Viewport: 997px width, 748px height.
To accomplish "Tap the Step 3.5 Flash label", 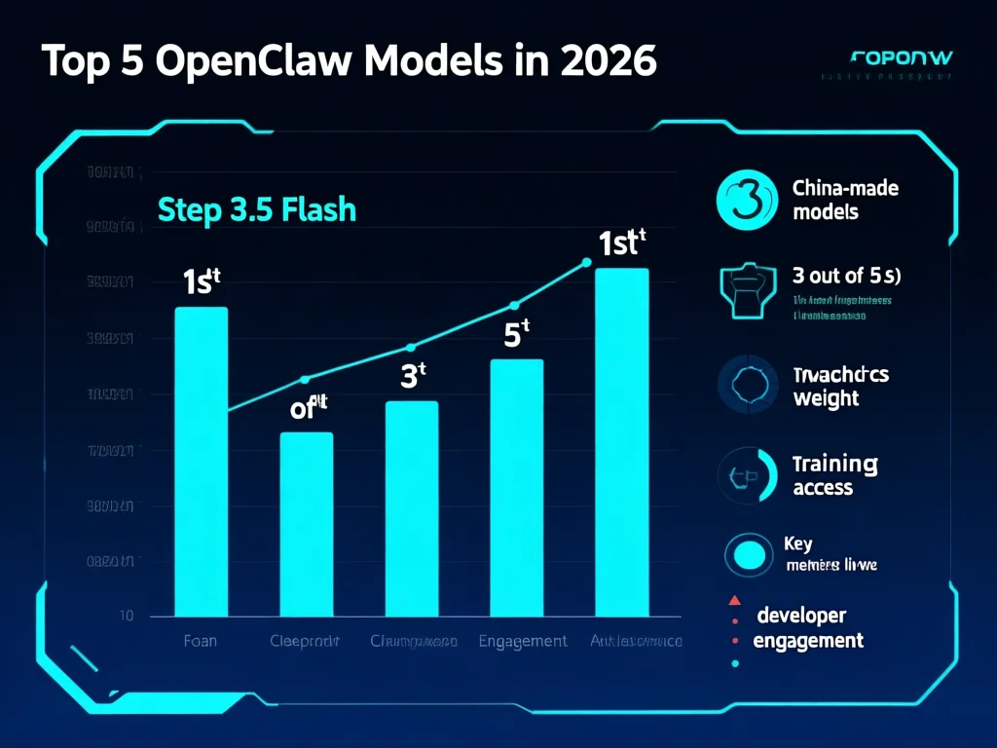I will pos(256,209).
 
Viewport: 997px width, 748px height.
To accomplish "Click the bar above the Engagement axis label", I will pos(516,487).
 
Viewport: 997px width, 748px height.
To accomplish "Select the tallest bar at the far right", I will pos(621,442).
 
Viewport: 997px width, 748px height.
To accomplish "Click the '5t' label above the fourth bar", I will pos(516,334).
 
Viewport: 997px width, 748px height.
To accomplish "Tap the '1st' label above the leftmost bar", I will pos(202,281).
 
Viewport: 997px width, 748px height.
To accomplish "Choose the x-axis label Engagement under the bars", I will pos(523,641).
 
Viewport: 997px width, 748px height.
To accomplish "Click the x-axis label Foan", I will pos(201,641).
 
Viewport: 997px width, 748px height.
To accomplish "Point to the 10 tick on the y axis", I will pos(127,616).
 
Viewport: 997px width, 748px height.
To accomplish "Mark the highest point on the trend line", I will pos(586,261).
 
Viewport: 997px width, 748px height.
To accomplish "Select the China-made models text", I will pos(844,200).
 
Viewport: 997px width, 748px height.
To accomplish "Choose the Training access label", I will pos(834,475).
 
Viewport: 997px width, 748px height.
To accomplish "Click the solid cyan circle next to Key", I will pos(749,556).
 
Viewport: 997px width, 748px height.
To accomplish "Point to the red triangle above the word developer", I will pos(735,600).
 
